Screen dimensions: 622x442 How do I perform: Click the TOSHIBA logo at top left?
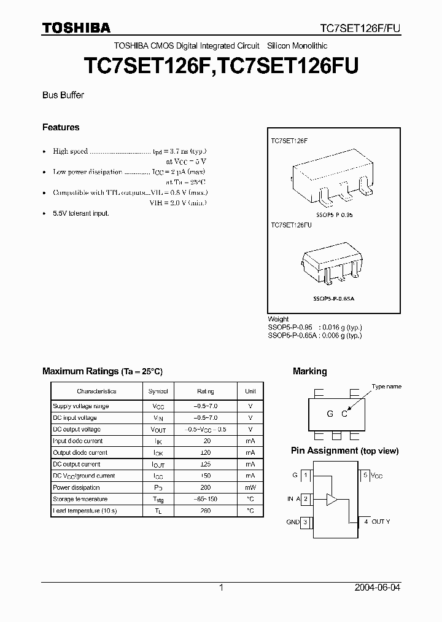[x=76, y=28]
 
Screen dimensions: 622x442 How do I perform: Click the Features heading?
[x=61, y=127]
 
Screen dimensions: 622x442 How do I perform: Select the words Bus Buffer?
[x=63, y=95]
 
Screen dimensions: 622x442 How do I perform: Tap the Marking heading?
[x=309, y=371]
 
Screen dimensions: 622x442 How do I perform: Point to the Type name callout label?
[x=386, y=387]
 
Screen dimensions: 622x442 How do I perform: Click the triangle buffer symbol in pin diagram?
[x=331, y=499]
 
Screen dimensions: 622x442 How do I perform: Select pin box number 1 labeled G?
[x=306, y=475]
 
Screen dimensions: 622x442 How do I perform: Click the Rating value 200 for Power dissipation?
[x=206, y=487]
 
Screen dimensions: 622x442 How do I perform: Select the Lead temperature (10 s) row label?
[x=85, y=511]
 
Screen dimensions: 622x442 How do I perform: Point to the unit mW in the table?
[x=250, y=487]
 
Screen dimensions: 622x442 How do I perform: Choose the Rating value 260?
[x=206, y=511]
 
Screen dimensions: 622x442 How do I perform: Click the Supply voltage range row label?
[x=80, y=406]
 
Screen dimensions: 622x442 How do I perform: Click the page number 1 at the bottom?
[x=221, y=588]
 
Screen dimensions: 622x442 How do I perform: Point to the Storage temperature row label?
[x=80, y=499]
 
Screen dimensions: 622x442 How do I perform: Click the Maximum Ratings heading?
[x=102, y=371]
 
